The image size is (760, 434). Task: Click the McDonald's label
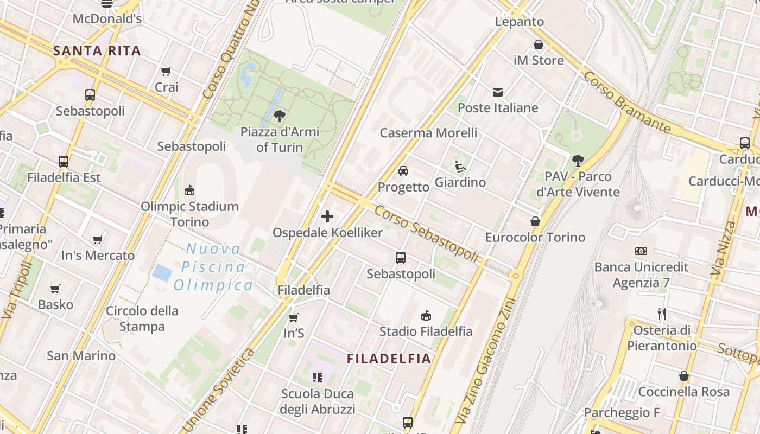click(107, 19)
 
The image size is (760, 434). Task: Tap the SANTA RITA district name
click(97, 51)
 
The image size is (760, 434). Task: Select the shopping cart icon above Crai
click(166, 72)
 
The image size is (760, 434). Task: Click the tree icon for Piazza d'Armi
click(280, 116)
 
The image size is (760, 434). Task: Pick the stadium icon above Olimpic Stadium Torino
click(189, 190)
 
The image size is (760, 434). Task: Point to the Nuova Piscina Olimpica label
click(213, 267)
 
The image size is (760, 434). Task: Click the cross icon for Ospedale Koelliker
click(327, 217)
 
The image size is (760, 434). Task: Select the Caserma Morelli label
click(428, 133)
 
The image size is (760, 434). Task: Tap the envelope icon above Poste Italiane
click(498, 92)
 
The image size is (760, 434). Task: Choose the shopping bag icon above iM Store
click(539, 44)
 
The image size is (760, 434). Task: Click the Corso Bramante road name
click(626, 102)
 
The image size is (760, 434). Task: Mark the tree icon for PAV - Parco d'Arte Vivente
click(578, 161)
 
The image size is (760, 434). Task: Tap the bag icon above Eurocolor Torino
click(535, 221)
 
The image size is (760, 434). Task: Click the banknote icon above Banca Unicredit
click(641, 251)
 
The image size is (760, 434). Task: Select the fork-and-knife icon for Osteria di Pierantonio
click(661, 314)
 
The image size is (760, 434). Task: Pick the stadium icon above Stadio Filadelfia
click(426, 315)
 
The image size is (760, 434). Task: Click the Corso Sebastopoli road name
click(426, 234)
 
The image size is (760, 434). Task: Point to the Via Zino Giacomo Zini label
click(488, 361)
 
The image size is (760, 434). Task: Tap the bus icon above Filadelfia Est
click(64, 162)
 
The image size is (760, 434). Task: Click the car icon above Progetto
click(403, 171)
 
